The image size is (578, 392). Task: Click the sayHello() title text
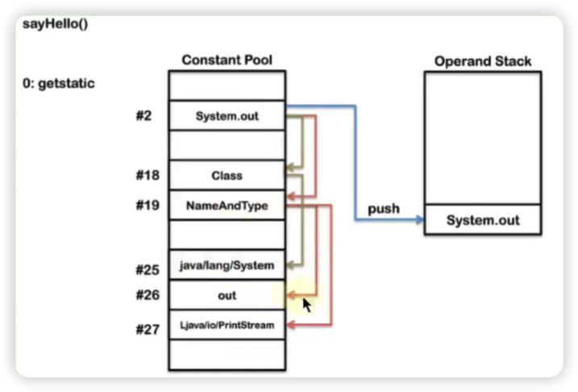pyautogui.click(x=54, y=24)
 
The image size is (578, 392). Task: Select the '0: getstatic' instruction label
pyautogui.click(x=59, y=84)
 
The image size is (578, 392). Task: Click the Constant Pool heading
pyautogui.click(x=227, y=60)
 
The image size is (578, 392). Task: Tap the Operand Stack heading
pyautogui.click(x=483, y=61)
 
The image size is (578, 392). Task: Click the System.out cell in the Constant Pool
pyautogui.click(x=227, y=115)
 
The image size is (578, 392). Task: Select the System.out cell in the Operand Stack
pyautogui.click(x=483, y=220)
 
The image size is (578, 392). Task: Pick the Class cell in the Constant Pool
pyautogui.click(x=227, y=175)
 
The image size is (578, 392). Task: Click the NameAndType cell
pyautogui.click(x=227, y=206)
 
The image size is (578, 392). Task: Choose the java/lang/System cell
pyautogui.click(x=227, y=265)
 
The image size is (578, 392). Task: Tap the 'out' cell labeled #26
pyautogui.click(x=227, y=296)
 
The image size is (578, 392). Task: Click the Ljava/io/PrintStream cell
pyautogui.click(x=227, y=325)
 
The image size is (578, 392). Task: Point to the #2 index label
pyautogui.click(x=143, y=115)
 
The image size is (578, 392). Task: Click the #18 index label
pyautogui.click(x=147, y=175)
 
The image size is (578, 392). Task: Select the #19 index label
pyautogui.click(x=147, y=205)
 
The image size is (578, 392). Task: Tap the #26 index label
pyautogui.click(x=147, y=296)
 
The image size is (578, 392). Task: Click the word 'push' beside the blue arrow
pyautogui.click(x=384, y=208)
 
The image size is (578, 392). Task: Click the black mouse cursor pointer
pyautogui.click(x=306, y=306)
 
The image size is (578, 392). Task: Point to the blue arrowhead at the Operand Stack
pyautogui.click(x=419, y=219)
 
